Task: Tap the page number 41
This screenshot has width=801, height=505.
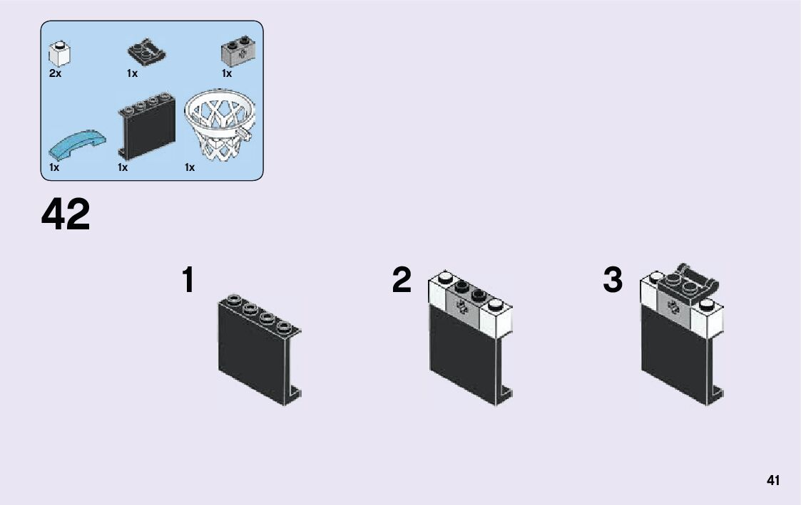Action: pos(773,480)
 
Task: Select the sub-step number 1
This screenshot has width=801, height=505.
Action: pos(188,281)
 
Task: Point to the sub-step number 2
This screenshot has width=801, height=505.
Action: pos(402,281)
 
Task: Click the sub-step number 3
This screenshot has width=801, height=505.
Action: pos(613,281)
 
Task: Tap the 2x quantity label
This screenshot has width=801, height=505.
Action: pos(56,73)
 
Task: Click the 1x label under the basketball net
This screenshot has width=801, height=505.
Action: pos(190,167)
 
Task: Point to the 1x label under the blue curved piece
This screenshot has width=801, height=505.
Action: pos(54,167)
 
